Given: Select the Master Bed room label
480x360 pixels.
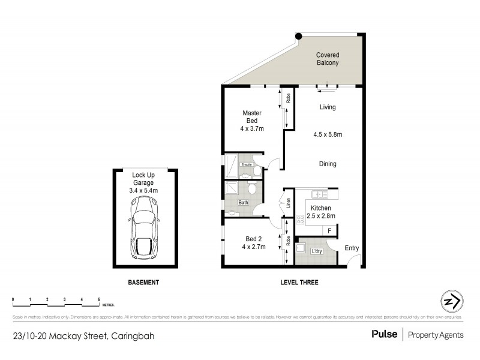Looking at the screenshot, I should pos(252,116).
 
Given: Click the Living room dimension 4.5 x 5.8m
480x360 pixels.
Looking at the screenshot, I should pos(328,134).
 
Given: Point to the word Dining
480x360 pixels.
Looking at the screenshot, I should pos(328,164).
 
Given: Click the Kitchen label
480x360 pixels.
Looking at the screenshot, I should pos(321,208).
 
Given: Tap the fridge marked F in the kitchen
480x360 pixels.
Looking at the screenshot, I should pos(329,231).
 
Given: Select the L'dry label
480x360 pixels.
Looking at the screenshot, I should pos(316,251).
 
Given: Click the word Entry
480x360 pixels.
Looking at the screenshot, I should pos(352,248).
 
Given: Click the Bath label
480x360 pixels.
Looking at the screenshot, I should pos(244,203).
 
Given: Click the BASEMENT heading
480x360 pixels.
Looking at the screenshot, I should pos(144,283).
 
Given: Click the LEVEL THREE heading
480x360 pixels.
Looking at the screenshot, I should pos(299,283).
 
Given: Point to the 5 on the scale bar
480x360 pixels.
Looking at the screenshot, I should pos(98,298).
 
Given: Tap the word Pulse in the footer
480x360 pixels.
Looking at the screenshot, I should pos(384,335).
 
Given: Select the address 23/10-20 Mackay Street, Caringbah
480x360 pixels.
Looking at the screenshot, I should pos(83,336).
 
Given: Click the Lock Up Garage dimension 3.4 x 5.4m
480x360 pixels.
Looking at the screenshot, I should pos(144,190).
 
